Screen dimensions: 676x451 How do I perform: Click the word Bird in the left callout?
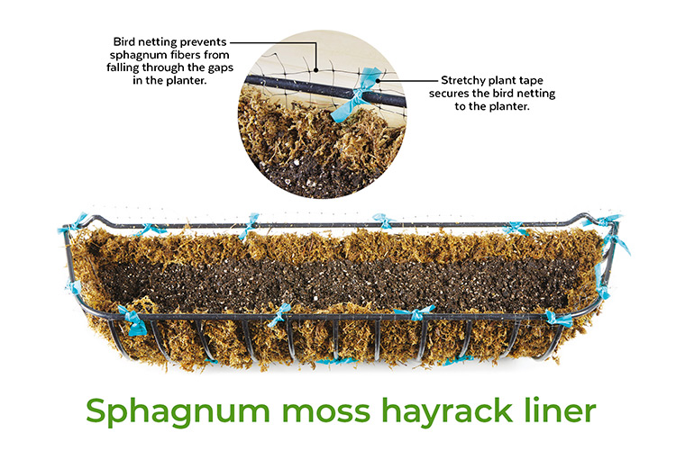(x=128, y=41)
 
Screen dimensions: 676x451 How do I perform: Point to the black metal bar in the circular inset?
(x=297, y=86)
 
